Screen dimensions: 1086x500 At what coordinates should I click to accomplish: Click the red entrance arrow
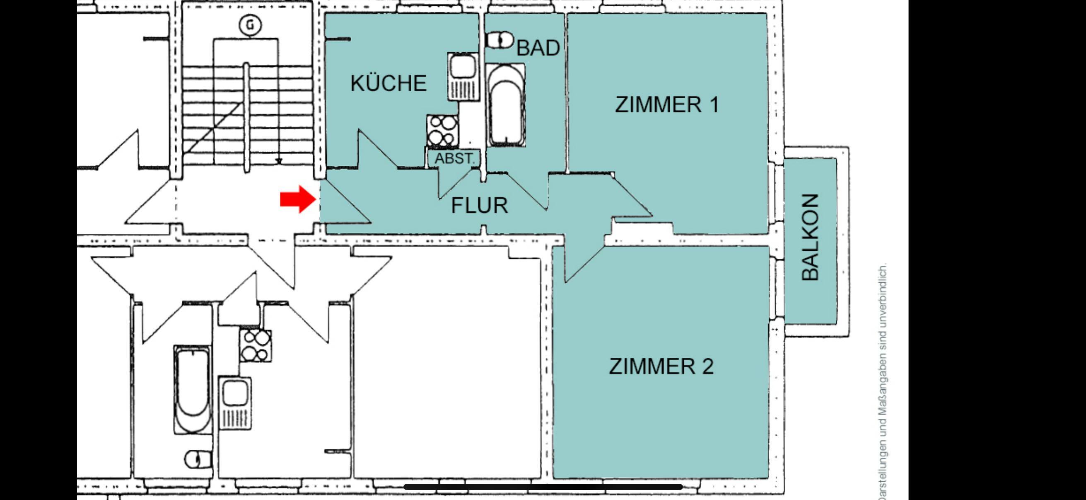click(298, 199)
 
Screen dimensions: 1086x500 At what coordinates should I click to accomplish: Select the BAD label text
click(538, 48)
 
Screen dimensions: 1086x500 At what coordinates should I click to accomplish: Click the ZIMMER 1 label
click(667, 104)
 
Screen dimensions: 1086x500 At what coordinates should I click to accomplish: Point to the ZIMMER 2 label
click(661, 366)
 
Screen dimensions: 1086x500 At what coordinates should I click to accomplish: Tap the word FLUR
click(479, 205)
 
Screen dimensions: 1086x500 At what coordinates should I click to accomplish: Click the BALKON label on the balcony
click(810, 238)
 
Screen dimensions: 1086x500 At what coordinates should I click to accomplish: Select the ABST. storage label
click(454, 159)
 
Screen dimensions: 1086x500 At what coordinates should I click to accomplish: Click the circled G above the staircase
click(251, 25)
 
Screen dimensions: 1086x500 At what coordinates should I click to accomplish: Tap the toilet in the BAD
click(500, 41)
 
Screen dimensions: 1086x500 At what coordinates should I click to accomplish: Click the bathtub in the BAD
click(505, 105)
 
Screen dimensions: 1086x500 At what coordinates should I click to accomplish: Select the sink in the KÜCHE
click(463, 76)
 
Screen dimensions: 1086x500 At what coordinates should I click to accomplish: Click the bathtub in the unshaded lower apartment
click(192, 389)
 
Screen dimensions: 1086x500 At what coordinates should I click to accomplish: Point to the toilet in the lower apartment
click(198, 459)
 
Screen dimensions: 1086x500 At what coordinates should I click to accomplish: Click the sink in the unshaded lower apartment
click(235, 403)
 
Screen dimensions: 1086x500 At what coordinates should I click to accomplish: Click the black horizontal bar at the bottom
click(543, 487)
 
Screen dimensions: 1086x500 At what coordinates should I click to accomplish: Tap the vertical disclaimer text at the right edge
click(882, 381)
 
